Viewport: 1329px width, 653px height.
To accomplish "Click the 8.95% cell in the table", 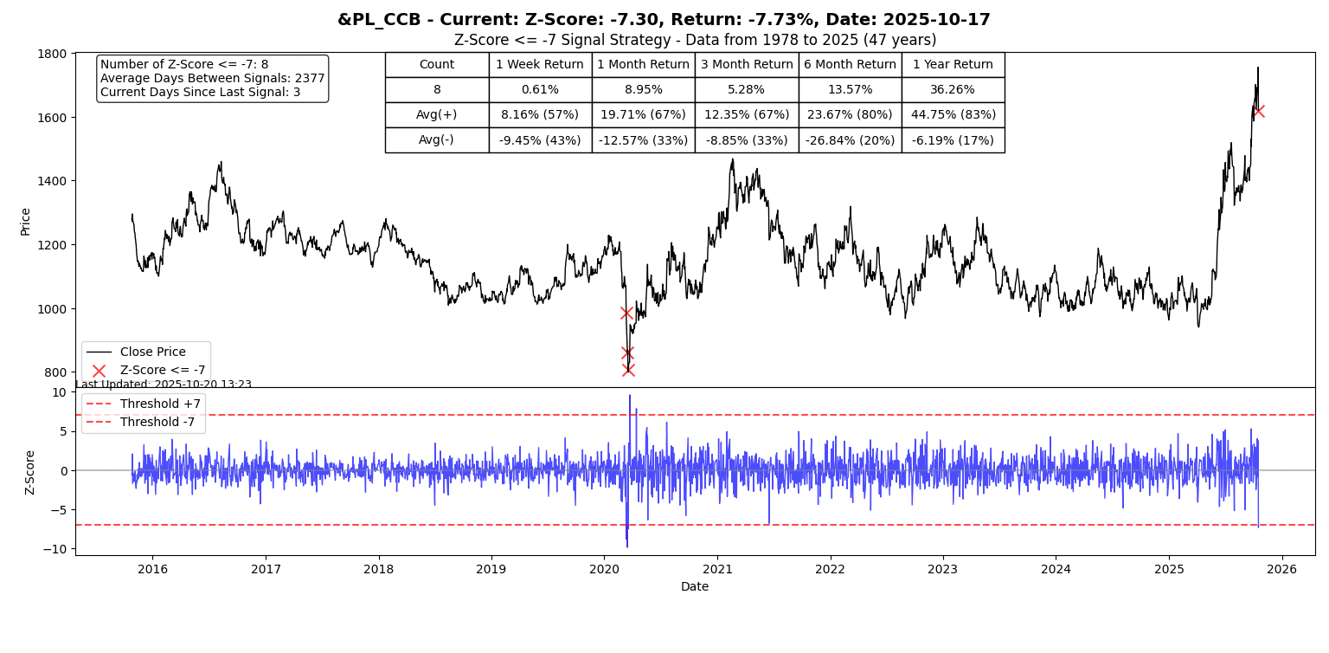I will click(643, 90).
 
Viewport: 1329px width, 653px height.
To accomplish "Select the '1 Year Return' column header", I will click(953, 65).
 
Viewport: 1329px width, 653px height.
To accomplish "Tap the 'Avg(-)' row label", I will click(436, 140).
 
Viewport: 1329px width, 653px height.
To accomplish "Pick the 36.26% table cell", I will click(953, 90).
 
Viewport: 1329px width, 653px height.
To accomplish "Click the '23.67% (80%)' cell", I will click(850, 115).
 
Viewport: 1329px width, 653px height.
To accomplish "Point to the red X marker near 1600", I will click(1258, 111).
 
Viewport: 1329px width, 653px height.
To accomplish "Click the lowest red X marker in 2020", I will click(628, 370).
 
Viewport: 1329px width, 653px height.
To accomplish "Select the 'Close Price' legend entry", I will click(152, 352).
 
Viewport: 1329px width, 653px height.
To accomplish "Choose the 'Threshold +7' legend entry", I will click(160, 404).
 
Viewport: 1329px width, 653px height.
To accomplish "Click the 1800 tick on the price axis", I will click(54, 54).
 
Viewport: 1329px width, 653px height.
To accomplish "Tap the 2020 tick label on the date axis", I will click(604, 570).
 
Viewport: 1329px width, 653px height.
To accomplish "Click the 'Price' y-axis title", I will click(25, 221).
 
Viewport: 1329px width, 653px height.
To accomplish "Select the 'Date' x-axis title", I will click(695, 587).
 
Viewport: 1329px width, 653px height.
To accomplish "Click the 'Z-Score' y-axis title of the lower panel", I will click(30, 472).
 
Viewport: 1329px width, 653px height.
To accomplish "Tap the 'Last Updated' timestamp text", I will click(164, 385).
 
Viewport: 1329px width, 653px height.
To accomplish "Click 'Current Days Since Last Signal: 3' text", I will click(200, 92).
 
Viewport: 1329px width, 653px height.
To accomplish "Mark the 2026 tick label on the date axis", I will click(1281, 570).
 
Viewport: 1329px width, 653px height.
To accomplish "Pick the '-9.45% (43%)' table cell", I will click(540, 140).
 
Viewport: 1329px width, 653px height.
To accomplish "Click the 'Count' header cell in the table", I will click(436, 65).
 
